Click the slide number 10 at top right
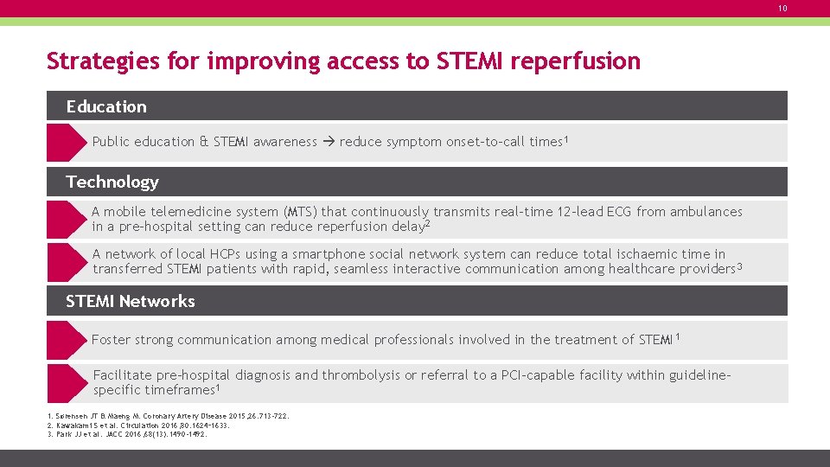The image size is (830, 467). tap(782, 9)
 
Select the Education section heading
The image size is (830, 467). tap(106, 106)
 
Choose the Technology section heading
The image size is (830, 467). tap(112, 182)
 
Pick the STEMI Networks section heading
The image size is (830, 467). tap(131, 301)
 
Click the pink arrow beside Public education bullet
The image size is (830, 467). tap(66, 143)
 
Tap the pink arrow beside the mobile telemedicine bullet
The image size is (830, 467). tap(66, 220)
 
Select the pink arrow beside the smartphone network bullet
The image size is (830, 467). tap(66, 262)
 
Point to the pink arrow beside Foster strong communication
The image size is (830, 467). tap(66, 340)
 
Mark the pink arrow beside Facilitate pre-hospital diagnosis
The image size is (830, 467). tap(66, 383)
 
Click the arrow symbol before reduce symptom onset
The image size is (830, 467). tap(329, 142)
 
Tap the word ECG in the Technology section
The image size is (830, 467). tap(619, 212)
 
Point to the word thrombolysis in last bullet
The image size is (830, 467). tap(362, 375)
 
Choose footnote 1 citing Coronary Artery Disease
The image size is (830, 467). tap(168, 416)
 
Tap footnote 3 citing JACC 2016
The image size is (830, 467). tap(127, 434)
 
